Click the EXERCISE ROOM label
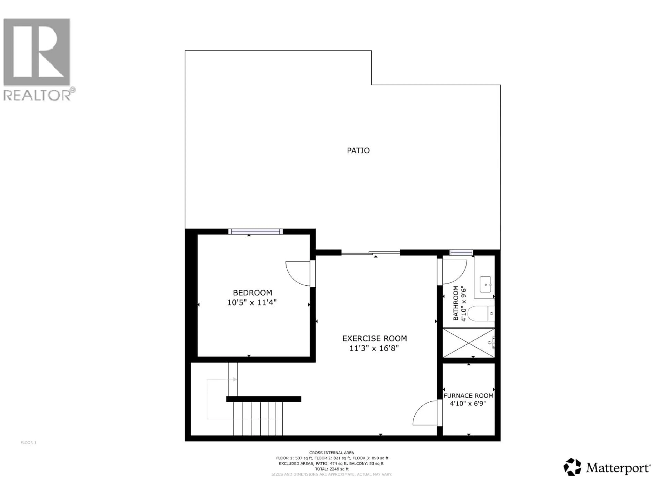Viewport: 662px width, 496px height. click(x=374, y=338)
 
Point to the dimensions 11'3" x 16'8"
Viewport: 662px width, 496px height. click(x=374, y=348)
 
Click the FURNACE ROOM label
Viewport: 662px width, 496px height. click(x=468, y=396)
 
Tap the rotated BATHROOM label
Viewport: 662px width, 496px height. click(x=455, y=303)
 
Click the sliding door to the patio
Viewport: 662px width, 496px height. click(x=370, y=253)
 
